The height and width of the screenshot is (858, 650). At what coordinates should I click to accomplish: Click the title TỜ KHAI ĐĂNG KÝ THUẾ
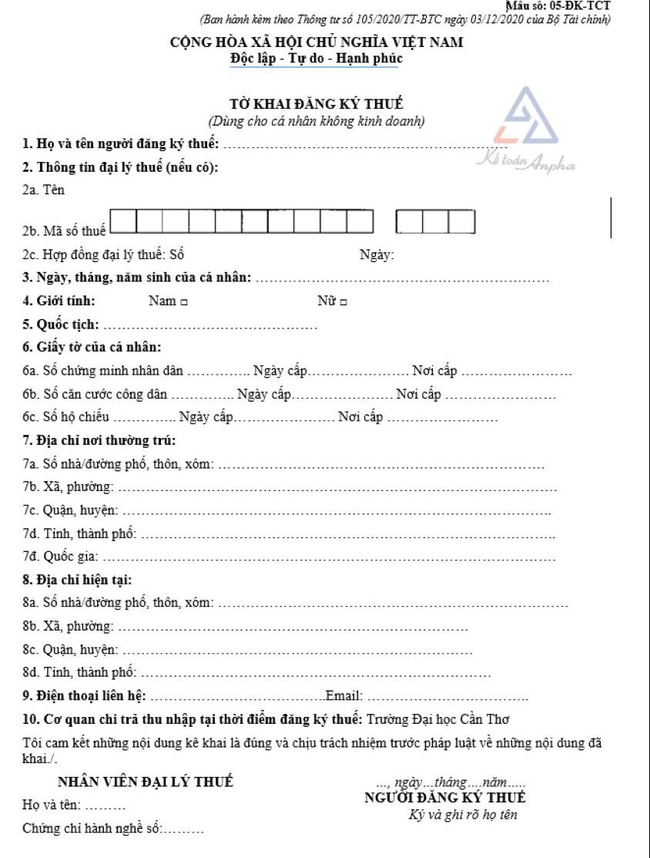pos(317,104)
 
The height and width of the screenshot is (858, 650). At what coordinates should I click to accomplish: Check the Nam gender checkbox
pos(184,302)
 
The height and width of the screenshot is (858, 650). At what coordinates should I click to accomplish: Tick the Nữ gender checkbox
pos(343,302)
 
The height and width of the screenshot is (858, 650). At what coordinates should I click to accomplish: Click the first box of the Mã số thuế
pos(124,222)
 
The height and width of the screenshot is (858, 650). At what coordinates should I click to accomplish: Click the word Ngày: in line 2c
pos(377,255)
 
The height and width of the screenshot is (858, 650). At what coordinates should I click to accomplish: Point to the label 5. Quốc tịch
pos(61,325)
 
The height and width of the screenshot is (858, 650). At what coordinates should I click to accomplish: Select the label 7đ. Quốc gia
pos(61,556)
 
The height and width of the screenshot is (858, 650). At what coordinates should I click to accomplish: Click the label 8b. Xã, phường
pos(68,625)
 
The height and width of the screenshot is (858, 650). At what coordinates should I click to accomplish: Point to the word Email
pos(342,695)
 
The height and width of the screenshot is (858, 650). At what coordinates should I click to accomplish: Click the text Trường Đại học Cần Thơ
pos(438,720)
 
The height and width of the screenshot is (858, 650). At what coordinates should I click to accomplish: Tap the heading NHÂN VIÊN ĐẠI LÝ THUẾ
pos(145,782)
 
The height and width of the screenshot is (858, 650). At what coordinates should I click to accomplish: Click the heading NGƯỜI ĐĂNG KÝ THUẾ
pos(445,798)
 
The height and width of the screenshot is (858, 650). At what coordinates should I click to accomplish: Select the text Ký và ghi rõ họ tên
pos(463,815)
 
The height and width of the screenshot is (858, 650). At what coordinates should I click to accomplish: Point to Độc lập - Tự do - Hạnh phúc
pos(316,58)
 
